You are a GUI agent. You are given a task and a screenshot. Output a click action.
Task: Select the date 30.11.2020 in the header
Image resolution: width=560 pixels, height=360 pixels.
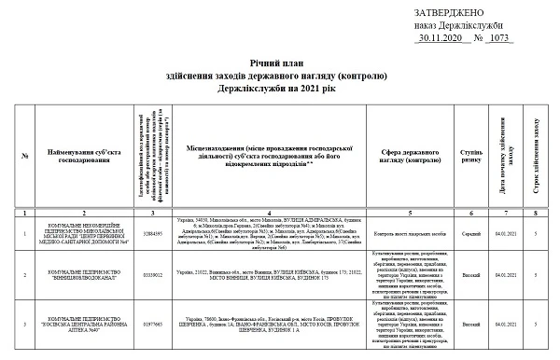tap(440, 39)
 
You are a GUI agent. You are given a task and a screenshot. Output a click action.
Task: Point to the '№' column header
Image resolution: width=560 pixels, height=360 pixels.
tap(25, 154)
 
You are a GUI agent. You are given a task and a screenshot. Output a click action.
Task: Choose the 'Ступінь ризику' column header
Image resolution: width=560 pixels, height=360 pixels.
tap(471, 154)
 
